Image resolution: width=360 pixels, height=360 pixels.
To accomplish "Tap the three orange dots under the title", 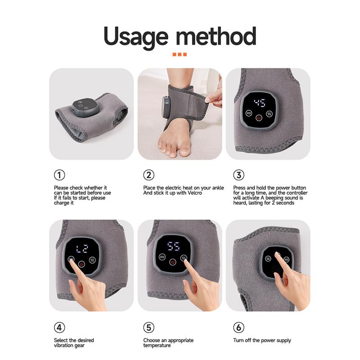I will (180, 55).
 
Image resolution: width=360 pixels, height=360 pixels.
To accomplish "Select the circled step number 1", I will (59, 175).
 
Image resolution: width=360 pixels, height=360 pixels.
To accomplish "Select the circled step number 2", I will (148, 175).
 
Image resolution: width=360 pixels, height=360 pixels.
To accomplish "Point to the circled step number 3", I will (238, 175).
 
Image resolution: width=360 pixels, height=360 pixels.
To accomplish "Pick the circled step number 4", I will (59, 327).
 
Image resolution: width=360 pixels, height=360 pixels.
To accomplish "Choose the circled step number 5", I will (148, 327).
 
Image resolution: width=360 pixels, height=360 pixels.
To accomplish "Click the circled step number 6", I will (238, 327).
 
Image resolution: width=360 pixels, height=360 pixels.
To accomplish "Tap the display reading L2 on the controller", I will (81, 249).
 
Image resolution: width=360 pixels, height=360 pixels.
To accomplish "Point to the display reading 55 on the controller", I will (173, 246).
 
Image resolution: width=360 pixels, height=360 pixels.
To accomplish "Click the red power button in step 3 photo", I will (259, 118).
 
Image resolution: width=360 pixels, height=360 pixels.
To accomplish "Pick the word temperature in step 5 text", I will (157, 346).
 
